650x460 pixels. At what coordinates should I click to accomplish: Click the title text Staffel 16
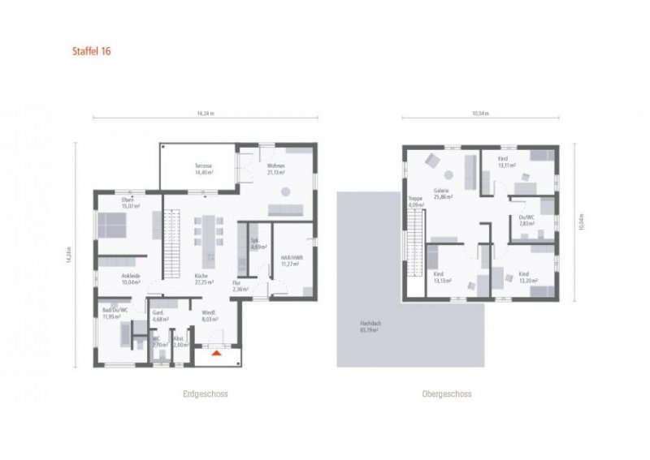click(92, 50)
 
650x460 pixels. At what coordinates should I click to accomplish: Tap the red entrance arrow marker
click(215, 354)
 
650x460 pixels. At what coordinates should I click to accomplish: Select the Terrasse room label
click(203, 166)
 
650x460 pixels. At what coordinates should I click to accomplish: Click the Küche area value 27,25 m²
click(203, 282)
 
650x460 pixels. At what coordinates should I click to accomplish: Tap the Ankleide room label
click(132, 276)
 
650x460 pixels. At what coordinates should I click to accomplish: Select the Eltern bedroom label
click(128, 199)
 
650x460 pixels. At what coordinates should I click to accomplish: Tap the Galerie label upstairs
click(443, 190)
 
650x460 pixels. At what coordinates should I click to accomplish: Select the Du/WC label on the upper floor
click(526, 217)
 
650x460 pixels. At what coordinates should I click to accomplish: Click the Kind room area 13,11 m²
click(508, 166)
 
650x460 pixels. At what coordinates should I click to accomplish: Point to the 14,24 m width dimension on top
click(206, 114)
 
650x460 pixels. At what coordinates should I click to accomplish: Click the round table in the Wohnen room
click(285, 191)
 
